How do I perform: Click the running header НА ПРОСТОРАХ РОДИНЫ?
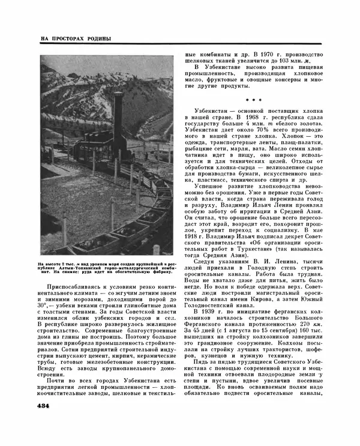click(x=76, y=39)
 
